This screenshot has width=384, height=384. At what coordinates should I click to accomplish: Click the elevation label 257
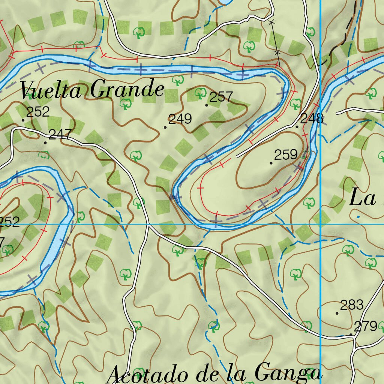coord(221,97)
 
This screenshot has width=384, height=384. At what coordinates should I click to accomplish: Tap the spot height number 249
coord(180,119)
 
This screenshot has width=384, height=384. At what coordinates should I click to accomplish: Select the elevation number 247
coord(60,135)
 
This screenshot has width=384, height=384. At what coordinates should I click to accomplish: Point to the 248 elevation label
coord(312,119)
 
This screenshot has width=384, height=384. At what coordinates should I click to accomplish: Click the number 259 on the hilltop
coord(286,154)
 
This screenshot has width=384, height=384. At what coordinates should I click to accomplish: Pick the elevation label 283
coord(352,305)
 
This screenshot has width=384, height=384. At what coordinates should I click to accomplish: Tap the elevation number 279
coord(366,326)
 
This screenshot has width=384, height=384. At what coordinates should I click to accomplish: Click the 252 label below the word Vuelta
coord(38,112)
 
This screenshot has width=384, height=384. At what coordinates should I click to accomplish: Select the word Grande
coord(127,90)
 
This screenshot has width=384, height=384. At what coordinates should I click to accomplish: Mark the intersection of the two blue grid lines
coord(321,224)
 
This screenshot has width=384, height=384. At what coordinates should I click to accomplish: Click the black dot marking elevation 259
coord(271,163)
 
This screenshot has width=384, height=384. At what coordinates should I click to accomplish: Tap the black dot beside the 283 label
coord(337,313)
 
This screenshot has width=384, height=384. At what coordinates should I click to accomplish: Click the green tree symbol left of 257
coord(201,92)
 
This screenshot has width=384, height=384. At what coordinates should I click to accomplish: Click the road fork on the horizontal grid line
coord(148,225)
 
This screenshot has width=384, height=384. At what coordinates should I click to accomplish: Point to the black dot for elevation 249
coord(165,127)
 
